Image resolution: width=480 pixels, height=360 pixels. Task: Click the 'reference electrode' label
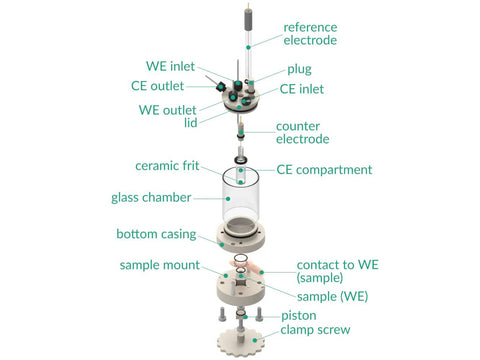click(x=310, y=34)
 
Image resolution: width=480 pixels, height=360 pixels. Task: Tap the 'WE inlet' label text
click(x=170, y=66)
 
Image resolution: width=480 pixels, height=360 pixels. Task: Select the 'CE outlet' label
click(x=157, y=86)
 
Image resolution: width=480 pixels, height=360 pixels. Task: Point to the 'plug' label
click(x=299, y=70)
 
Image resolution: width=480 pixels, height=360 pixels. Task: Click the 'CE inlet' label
click(x=302, y=89)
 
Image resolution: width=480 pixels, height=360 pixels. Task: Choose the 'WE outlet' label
click(x=167, y=110)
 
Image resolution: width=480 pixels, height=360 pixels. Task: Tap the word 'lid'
click(x=191, y=122)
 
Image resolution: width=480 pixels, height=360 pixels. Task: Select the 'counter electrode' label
click(x=303, y=132)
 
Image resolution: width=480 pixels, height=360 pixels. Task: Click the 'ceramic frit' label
click(x=167, y=166)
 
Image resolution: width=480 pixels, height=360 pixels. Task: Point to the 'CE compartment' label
click(x=324, y=170)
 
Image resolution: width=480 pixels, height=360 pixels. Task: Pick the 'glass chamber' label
click(x=151, y=197)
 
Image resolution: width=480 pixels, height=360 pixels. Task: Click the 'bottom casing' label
click(x=156, y=234)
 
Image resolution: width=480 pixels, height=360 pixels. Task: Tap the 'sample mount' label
click(x=160, y=265)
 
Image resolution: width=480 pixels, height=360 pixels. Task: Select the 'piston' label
click(x=299, y=316)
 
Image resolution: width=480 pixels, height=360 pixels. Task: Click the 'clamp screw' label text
click(x=315, y=330)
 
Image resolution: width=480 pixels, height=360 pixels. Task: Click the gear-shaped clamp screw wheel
click(x=241, y=342)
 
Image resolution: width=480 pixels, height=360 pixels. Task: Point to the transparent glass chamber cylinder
click(x=241, y=197)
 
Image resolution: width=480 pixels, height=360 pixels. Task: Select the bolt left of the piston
click(x=222, y=314)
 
